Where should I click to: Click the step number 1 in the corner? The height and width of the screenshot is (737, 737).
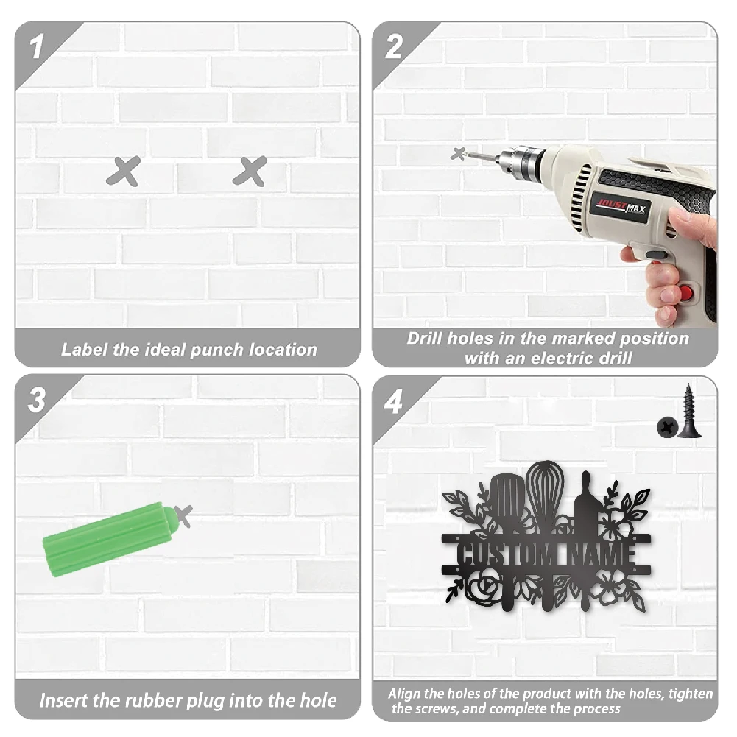point(37,46)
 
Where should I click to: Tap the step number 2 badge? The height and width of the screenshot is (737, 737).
point(394,46)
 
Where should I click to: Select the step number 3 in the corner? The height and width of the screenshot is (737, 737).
point(37,400)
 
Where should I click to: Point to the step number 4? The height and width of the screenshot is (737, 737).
point(393,401)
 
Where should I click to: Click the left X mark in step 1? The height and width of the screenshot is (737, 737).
point(124,171)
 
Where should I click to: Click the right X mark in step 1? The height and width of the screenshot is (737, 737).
point(250,171)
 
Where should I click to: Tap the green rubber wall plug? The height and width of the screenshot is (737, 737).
point(110,539)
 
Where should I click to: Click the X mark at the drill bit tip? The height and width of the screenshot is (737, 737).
point(458,154)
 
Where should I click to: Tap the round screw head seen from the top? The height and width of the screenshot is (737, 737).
point(667,427)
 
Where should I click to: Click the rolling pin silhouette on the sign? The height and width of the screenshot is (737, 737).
point(585,540)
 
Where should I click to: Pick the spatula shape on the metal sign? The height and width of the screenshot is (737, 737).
point(507,540)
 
